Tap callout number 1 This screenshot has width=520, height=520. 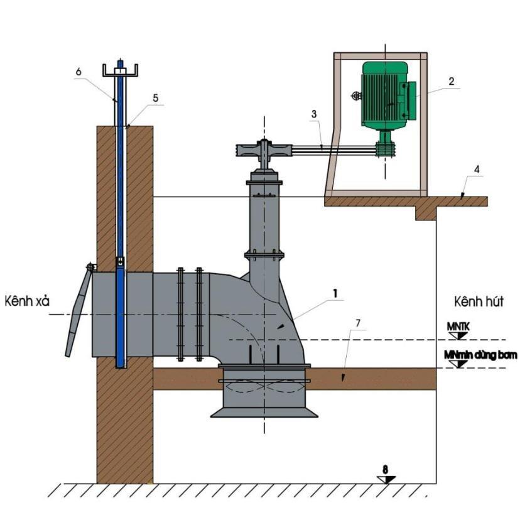click(335, 293)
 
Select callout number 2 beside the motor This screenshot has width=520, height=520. click(452, 81)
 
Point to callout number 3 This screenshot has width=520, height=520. click(314, 114)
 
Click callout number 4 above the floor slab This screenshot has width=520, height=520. click(477, 170)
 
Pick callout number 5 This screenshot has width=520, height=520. click(156, 98)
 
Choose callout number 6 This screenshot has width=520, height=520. click(79, 72)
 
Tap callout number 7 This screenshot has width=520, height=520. click(358, 323)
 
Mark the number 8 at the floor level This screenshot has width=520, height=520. click(385, 470)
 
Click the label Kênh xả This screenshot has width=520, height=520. click(27, 301)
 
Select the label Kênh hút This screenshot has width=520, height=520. click(479, 302)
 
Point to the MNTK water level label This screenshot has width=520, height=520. click(458, 327)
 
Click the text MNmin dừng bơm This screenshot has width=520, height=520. click(480, 355)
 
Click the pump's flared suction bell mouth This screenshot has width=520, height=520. click(264, 413)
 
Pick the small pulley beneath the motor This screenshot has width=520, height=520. click(385, 149)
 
